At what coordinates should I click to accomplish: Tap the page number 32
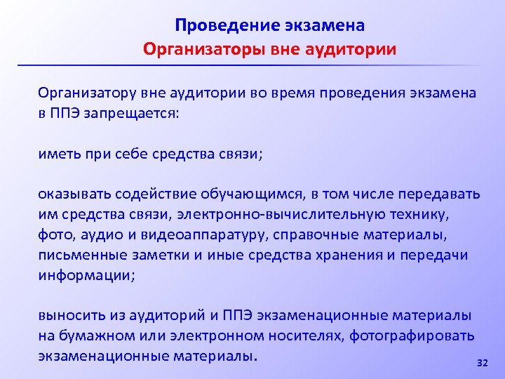tap(481, 362)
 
